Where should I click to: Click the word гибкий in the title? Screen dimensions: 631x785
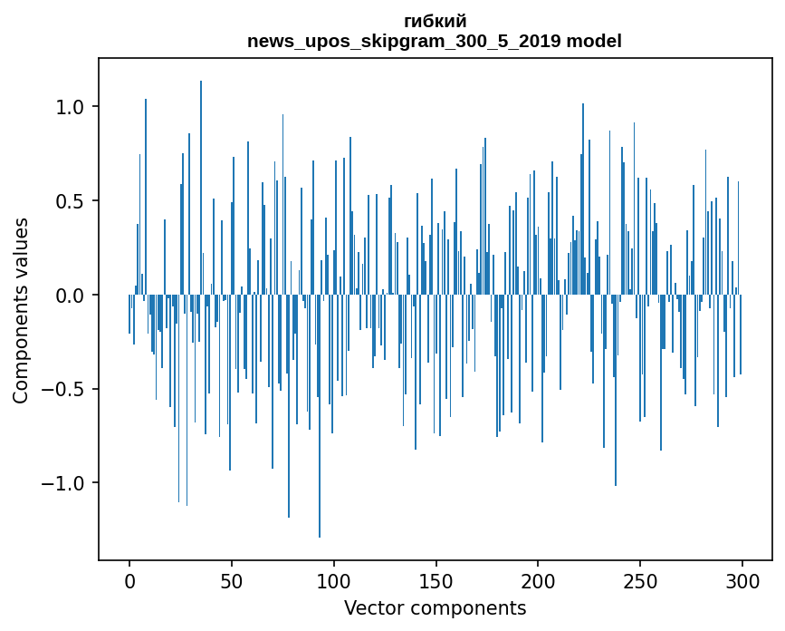point(435,22)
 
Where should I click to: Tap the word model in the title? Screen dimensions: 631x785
point(594,42)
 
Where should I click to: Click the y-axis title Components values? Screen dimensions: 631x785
point(21,311)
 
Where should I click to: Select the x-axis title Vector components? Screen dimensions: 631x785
point(435,607)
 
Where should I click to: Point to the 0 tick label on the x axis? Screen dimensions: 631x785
point(129,580)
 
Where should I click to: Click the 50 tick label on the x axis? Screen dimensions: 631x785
point(232,580)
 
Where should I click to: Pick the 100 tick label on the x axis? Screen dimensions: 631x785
point(333,580)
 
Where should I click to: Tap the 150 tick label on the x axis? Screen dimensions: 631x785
point(436,580)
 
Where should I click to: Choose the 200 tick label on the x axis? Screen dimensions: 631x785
point(538,580)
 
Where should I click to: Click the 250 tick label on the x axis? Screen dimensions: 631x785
point(640,580)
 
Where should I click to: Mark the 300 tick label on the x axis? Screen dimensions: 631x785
point(742,580)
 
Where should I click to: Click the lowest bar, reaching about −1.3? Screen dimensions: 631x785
point(320,417)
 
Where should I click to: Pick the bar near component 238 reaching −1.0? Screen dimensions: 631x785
point(616,390)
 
